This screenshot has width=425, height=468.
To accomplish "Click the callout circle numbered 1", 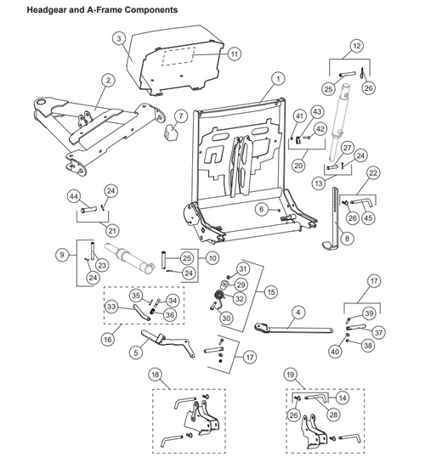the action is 278,79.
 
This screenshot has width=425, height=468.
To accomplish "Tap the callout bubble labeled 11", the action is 235,54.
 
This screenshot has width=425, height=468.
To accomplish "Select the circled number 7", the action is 181,116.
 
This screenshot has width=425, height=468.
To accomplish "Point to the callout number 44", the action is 73,196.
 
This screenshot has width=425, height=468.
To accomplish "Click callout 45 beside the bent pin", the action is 368,218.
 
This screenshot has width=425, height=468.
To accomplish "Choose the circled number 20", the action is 298,166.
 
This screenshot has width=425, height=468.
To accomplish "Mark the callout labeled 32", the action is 240,298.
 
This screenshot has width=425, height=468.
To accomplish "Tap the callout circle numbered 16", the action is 107,340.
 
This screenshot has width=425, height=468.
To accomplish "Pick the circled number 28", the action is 333,414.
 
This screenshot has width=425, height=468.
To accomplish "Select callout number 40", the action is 335,352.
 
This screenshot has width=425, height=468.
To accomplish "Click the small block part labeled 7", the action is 170,133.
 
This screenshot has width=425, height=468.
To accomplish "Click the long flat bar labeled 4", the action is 293,329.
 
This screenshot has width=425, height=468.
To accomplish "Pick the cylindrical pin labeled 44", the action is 89,209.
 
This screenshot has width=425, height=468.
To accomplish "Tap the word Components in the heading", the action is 151,10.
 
